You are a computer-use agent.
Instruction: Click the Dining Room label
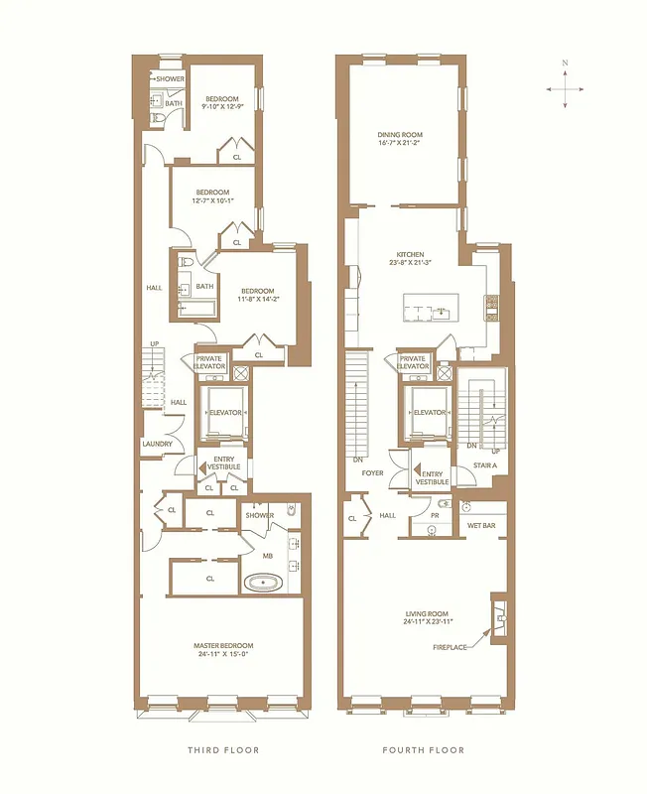coord(400,136)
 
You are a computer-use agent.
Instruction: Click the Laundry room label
coord(158,444)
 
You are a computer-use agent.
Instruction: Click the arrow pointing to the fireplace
coord(481,635)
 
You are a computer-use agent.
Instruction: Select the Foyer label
coord(372,473)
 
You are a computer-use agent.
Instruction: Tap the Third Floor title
coord(223,750)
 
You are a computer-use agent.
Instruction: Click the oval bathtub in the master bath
coord(266,582)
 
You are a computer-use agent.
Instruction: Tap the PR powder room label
coord(436,515)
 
